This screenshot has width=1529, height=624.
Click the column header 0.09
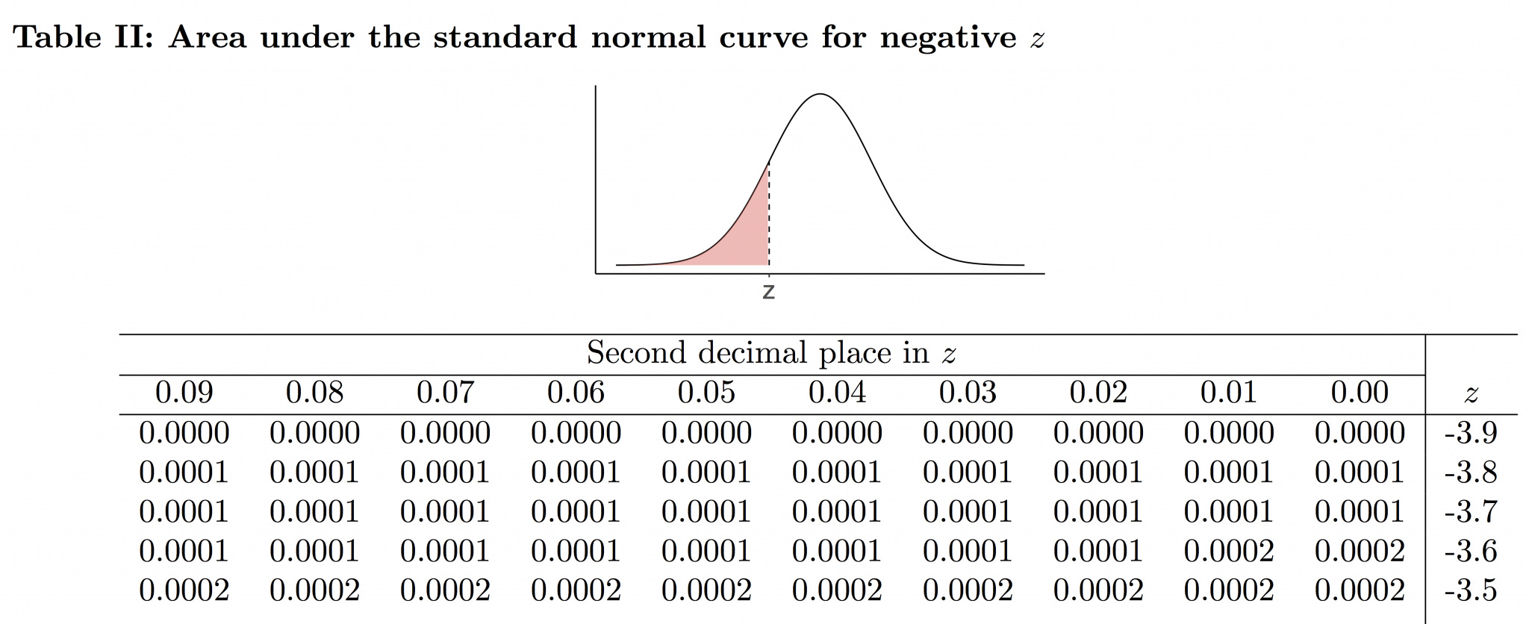(184, 393)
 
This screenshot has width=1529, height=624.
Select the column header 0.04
(837, 393)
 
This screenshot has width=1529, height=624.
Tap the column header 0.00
(1360, 393)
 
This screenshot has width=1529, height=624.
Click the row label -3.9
(1470, 433)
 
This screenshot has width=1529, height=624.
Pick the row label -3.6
(1470, 552)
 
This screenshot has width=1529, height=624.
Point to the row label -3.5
(1470, 590)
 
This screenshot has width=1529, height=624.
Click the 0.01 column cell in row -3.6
(1229, 552)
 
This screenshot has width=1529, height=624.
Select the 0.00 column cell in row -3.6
(1360, 552)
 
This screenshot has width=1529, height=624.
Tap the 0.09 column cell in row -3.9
(184, 433)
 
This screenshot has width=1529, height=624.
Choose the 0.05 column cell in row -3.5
(706, 590)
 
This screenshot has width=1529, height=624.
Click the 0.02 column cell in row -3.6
(1098, 552)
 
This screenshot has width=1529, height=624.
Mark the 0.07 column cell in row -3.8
(445, 472)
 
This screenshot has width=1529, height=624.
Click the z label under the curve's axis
(768, 292)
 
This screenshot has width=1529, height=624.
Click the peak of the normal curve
(820, 94)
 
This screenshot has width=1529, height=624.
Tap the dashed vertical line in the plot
(769, 216)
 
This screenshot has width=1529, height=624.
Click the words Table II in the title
(82, 37)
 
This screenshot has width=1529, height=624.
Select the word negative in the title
(947, 37)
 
